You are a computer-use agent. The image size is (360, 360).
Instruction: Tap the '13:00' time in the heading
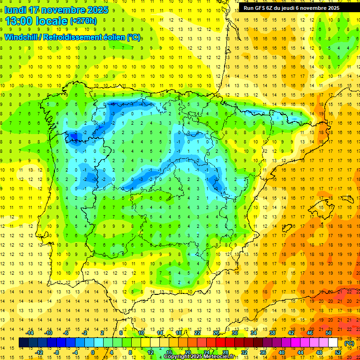point(19,21)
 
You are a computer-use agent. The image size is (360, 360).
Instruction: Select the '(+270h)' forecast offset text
point(83,21)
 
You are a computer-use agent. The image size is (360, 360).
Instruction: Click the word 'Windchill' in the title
point(22,37)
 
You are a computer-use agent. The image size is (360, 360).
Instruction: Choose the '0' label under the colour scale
point(93,352)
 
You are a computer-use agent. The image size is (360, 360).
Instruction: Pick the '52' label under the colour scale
point(338,352)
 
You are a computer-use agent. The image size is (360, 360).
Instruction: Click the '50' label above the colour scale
point(328,333)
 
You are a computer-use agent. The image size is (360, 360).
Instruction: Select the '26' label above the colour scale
point(216,333)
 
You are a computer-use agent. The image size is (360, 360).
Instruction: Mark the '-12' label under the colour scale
point(39,352)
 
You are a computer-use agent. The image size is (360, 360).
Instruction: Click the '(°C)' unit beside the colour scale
point(349,343)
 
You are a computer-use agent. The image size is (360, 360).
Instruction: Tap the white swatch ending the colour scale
point(333,343)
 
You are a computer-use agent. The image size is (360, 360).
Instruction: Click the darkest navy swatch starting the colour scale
point(23,343)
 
